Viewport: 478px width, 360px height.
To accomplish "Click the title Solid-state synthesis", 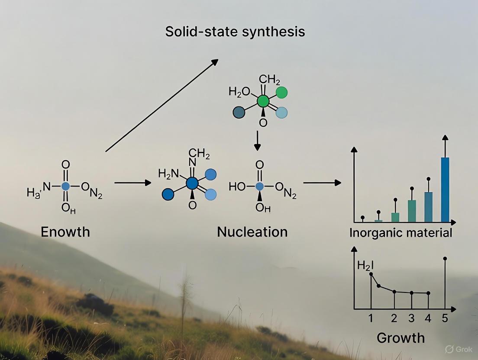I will pyautogui.click(x=235, y=32).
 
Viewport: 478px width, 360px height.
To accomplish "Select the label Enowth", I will pyautogui.click(x=65, y=232).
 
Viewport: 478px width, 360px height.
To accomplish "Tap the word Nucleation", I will pyautogui.click(x=252, y=232).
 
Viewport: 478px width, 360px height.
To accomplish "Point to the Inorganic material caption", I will pyautogui.click(x=400, y=233).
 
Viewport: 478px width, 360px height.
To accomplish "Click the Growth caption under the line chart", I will pyautogui.click(x=400, y=337).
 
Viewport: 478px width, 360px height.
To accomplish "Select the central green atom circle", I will pyautogui.click(x=263, y=102).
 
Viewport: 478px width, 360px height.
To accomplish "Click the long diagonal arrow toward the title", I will pyautogui.click(x=161, y=105).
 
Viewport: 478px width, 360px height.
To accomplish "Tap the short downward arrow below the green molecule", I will pyautogui.click(x=258, y=141).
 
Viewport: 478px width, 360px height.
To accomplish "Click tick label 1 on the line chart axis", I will pyautogui.click(x=371, y=319).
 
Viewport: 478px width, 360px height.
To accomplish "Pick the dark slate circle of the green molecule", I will pyautogui.click(x=239, y=112).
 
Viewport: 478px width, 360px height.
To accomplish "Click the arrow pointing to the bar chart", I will pyautogui.click(x=322, y=183).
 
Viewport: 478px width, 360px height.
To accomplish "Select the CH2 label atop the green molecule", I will pyautogui.click(x=269, y=80).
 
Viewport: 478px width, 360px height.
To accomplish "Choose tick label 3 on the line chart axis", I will pyautogui.click(x=411, y=319).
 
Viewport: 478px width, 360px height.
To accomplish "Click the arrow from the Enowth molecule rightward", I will pyautogui.click(x=132, y=183).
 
